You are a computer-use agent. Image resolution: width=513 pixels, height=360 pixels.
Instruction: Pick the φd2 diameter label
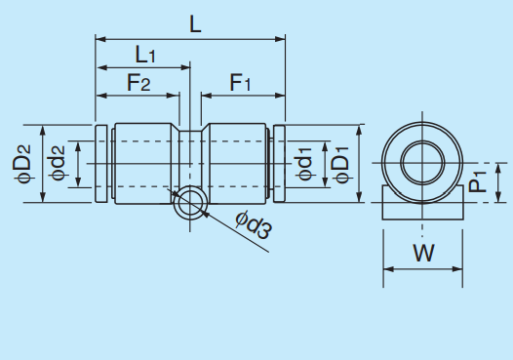(58, 164)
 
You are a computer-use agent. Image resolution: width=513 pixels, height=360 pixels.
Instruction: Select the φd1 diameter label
(304, 164)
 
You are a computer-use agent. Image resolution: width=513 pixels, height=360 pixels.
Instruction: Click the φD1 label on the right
(339, 164)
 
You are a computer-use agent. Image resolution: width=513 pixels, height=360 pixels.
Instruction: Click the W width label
(422, 254)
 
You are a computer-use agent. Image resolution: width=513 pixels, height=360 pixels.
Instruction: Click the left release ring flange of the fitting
(100, 164)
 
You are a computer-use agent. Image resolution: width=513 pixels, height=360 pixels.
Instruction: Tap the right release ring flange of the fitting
(279, 164)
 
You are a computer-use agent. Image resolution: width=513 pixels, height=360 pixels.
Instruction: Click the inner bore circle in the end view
(422, 159)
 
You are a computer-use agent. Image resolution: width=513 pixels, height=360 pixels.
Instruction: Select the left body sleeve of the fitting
(146, 163)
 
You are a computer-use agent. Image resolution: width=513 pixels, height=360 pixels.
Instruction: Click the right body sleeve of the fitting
(234, 163)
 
